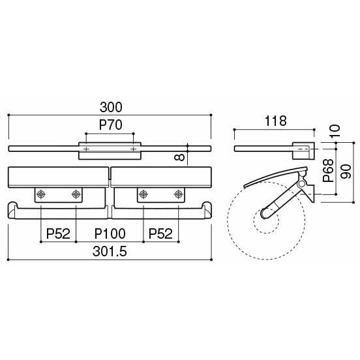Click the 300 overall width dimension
click(x=111, y=107)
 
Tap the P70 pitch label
click(x=110, y=125)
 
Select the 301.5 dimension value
click(x=110, y=251)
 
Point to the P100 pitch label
click(x=110, y=233)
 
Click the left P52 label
click(x=58, y=233)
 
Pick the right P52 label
click(x=160, y=233)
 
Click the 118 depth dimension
click(x=276, y=121)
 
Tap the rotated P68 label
click(x=328, y=170)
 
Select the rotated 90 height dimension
click(x=346, y=172)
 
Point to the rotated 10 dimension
click(x=335, y=131)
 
